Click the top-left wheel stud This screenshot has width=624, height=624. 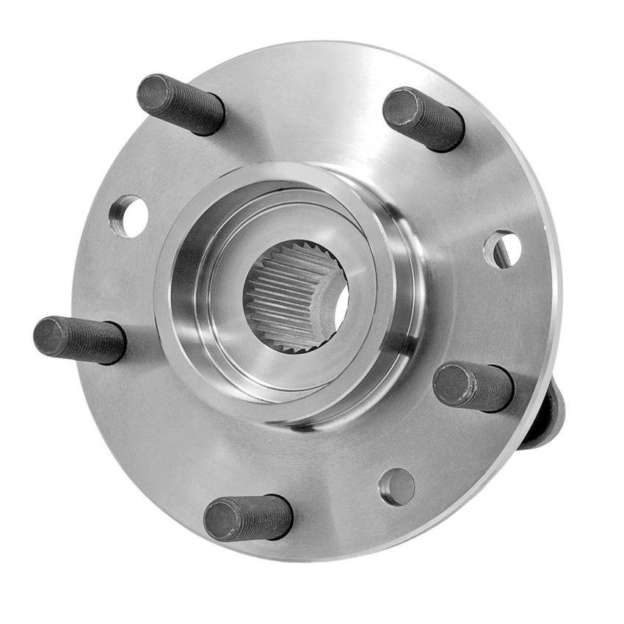(x=181, y=104)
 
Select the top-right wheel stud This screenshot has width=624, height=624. (x=424, y=118)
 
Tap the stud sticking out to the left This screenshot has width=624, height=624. (x=79, y=340)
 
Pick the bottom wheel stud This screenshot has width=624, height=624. (x=248, y=517)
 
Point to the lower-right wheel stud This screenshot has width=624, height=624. (x=474, y=386)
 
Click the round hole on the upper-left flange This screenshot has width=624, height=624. (x=128, y=216)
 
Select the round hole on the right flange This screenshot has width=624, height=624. (x=503, y=249)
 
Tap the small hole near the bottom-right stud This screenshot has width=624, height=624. (x=397, y=487)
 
